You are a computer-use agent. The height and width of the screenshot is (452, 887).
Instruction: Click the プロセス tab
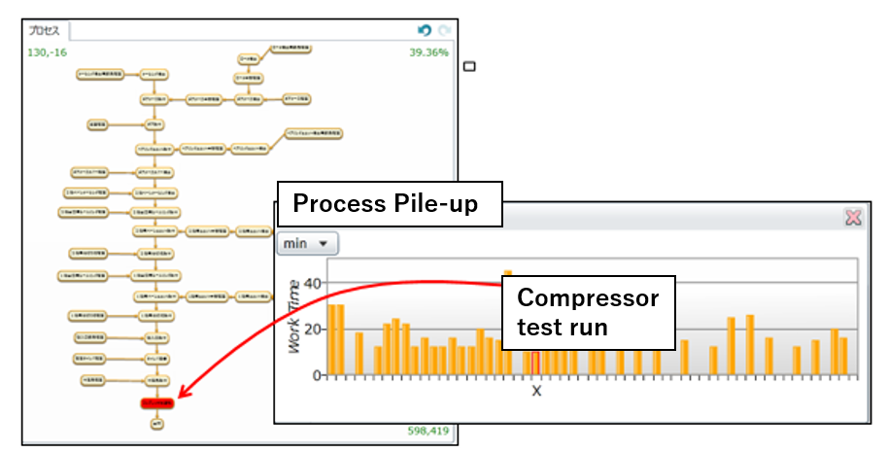(44, 30)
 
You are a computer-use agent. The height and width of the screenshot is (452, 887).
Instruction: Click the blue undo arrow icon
(425, 30)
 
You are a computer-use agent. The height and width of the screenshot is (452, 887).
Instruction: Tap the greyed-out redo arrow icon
(443, 30)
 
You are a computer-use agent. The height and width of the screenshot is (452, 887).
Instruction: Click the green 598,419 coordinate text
(427, 431)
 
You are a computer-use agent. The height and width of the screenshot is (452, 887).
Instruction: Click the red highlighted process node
(156, 402)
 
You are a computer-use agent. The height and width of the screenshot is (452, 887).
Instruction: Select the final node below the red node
(156, 423)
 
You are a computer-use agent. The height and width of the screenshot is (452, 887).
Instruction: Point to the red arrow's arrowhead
(184, 395)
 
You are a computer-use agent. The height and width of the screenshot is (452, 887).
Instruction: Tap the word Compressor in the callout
(587, 298)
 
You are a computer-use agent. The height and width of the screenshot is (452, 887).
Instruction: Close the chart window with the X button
(853, 218)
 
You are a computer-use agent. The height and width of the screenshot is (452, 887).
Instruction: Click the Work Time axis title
(293, 315)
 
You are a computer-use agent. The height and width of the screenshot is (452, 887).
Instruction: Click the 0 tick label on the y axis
(315, 374)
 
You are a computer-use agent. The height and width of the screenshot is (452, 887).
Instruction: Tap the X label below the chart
(535, 391)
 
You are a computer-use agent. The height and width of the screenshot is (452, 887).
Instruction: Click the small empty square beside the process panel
(470, 66)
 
